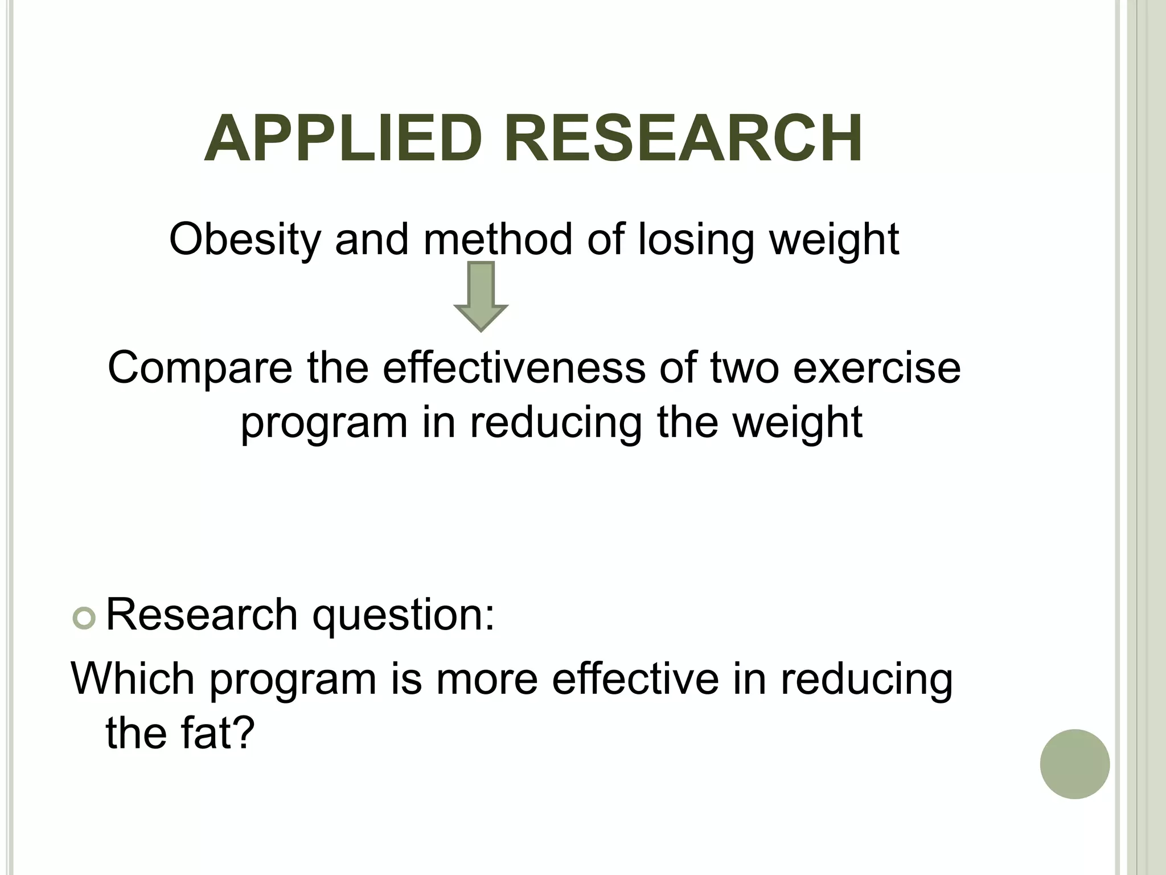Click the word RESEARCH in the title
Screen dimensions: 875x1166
683,139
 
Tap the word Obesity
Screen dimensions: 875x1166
245,239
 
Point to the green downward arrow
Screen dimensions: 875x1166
481,296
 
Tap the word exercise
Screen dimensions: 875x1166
877,367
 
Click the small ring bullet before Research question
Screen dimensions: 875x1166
84,619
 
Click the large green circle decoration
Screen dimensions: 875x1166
1074,764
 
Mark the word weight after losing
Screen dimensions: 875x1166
834,239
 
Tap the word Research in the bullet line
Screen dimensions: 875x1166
202,615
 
